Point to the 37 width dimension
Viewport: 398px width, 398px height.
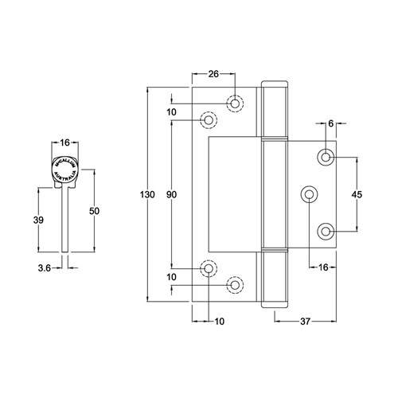[x=306, y=322]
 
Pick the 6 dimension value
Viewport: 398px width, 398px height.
[x=330, y=124]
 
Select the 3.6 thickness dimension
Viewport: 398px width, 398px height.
[x=45, y=269]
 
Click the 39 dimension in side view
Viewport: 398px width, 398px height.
[x=38, y=220]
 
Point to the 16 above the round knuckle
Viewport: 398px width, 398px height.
[x=65, y=142]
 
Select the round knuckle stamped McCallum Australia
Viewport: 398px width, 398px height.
[x=65, y=170]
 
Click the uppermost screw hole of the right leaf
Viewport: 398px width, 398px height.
[x=326, y=157]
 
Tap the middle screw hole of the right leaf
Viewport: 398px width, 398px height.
[x=309, y=193]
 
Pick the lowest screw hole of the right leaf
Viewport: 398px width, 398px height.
[x=326, y=231]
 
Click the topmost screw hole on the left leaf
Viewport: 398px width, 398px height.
[x=235, y=103]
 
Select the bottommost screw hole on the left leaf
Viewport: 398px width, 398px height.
[x=235, y=284]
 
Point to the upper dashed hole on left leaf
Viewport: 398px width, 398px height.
[x=209, y=119]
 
